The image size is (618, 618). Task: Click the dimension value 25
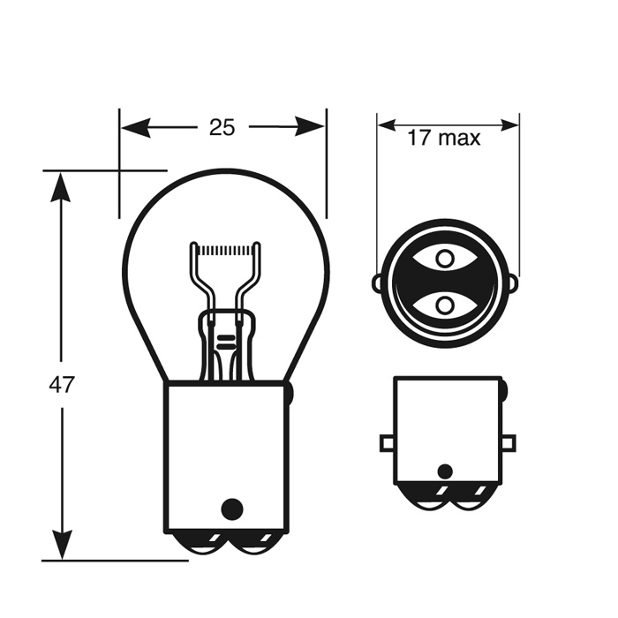point(222,128)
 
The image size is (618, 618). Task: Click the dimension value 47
point(63,385)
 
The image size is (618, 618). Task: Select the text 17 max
point(444,138)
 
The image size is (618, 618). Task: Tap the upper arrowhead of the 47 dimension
point(61,186)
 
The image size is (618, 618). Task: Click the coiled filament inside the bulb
point(226,251)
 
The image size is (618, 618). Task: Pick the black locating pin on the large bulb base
point(231,509)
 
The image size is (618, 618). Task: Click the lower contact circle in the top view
point(445,305)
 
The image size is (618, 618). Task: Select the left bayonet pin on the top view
point(377,283)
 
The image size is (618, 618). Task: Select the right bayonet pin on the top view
point(514,283)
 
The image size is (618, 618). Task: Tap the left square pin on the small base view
point(387,442)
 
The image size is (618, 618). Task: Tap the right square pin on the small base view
point(509,442)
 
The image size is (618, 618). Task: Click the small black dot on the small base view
point(445,471)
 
